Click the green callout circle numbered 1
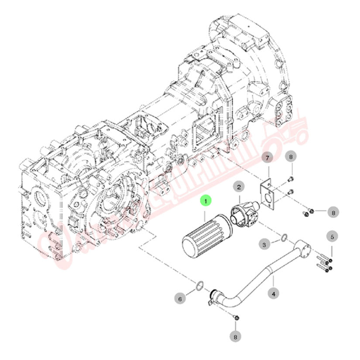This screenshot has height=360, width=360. [206, 201]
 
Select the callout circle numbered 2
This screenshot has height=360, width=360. [239, 187]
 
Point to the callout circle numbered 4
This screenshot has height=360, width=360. [274, 295]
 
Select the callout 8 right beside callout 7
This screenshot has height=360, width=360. [291, 157]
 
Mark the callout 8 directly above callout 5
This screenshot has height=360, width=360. [333, 213]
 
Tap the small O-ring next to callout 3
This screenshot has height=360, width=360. [283, 238]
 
